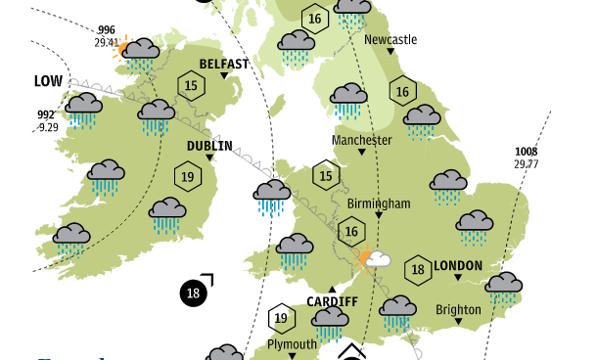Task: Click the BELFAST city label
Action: (x=223, y=65)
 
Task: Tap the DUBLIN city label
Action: (x=209, y=147)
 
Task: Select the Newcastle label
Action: (x=390, y=40)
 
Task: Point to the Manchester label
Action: (x=361, y=140)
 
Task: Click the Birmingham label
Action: (x=378, y=203)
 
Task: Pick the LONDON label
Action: (x=457, y=265)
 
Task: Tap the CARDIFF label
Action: (x=333, y=301)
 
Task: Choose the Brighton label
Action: (x=458, y=310)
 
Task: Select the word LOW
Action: (x=48, y=81)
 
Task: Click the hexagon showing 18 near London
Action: (x=417, y=270)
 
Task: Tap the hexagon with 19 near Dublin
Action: (x=186, y=177)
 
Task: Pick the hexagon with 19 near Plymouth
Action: (x=282, y=317)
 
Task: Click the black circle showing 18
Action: (x=193, y=292)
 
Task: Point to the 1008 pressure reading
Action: (x=526, y=152)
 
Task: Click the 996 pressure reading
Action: (x=107, y=30)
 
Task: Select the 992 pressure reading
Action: (x=46, y=115)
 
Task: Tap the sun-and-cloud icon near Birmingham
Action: (x=374, y=260)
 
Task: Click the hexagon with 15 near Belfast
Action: (x=192, y=86)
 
